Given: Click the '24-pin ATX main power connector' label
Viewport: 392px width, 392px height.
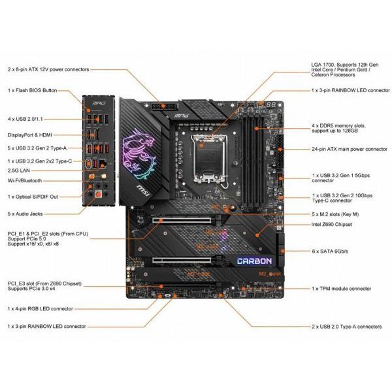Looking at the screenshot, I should click(350, 149).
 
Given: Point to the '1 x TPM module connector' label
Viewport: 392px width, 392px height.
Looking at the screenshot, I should click(342, 288).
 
